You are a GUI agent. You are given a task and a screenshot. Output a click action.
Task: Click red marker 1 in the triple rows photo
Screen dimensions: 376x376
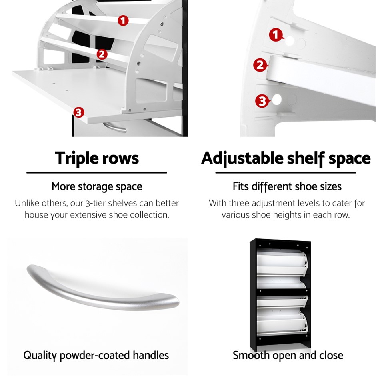tap(123, 21)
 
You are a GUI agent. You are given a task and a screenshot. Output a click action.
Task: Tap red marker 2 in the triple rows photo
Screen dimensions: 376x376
tap(102, 54)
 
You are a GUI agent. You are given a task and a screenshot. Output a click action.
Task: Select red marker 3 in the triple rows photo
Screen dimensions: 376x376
tap(79, 112)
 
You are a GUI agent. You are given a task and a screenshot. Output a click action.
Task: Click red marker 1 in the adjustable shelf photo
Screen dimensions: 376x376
tap(276, 35)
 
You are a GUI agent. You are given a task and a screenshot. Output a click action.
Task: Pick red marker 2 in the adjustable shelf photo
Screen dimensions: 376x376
tap(260, 65)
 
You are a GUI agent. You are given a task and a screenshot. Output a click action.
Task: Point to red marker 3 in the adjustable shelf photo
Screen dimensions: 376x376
tap(262, 101)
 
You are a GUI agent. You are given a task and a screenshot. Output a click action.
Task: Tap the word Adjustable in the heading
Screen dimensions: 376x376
tap(242, 158)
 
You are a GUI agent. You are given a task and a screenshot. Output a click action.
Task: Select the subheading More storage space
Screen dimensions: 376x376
tap(97, 186)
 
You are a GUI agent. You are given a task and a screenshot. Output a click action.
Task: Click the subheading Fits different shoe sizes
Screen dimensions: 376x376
tap(287, 186)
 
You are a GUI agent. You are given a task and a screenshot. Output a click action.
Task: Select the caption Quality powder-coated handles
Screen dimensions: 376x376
tap(96, 355)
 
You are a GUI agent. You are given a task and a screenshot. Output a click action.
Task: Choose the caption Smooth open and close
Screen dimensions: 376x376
tap(288, 355)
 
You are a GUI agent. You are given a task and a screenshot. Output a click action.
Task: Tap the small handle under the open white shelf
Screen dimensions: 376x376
tap(115, 127)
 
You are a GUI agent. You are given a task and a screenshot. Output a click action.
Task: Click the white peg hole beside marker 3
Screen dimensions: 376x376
tap(277, 100)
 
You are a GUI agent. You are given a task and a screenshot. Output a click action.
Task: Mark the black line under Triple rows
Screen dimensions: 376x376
tap(97, 172)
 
